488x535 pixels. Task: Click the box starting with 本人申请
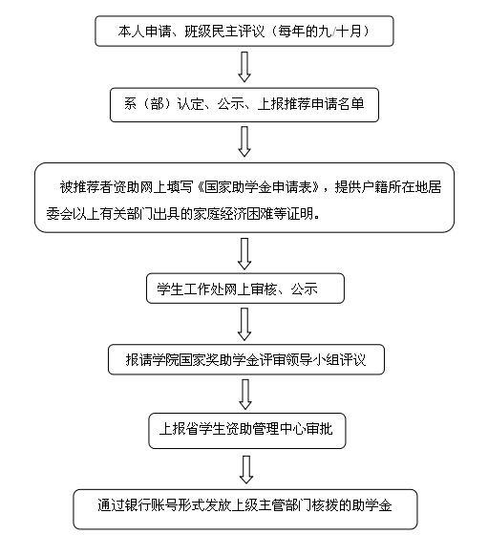(x=244, y=31)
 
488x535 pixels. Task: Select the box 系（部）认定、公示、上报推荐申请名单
(x=244, y=105)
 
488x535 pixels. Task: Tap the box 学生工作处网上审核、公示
(x=245, y=289)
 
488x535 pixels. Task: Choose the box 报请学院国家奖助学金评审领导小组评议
(x=246, y=359)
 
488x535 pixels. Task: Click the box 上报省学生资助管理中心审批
(x=247, y=431)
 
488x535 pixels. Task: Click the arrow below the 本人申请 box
(x=244, y=67)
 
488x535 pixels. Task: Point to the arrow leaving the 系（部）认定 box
(x=244, y=141)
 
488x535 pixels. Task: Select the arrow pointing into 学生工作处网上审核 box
(x=244, y=254)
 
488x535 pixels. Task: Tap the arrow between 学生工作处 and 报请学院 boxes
(x=244, y=324)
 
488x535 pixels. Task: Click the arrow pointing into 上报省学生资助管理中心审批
(x=245, y=395)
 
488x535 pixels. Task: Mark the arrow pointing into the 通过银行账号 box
(x=245, y=470)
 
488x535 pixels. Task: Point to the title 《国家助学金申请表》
(x=259, y=187)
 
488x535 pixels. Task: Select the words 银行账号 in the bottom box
(x=151, y=505)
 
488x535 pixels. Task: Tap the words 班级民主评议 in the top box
(x=224, y=32)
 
